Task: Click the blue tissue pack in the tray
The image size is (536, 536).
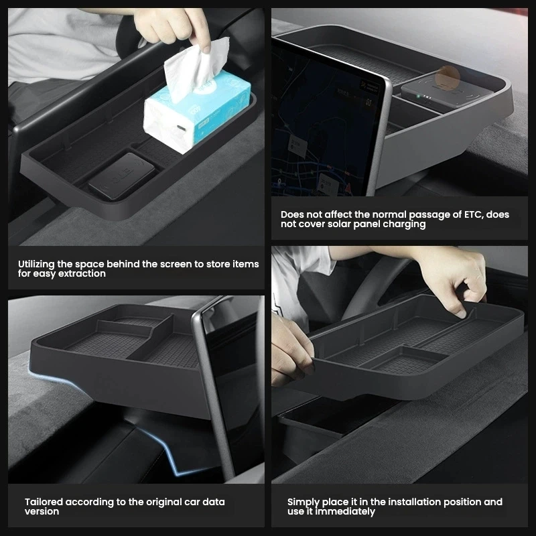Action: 196,113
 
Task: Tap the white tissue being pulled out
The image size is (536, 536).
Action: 196,70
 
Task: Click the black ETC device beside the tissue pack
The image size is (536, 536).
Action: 122,176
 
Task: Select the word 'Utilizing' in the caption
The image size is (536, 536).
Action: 36,264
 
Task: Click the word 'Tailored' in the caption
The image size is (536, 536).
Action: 44,502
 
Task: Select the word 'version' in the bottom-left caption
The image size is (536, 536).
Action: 42,512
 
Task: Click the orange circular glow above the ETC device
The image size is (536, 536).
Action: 448,76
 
